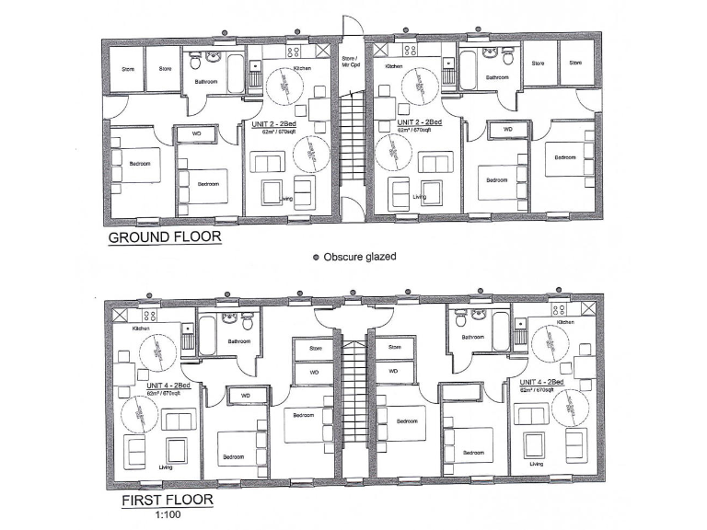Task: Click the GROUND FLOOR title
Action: point(165,236)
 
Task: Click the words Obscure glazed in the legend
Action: point(359,257)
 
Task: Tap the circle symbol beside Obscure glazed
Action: point(315,257)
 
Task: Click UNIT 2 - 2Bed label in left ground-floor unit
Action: point(273,122)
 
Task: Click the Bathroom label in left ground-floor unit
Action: point(205,82)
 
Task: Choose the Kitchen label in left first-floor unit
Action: point(140,328)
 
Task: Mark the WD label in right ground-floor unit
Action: point(507,131)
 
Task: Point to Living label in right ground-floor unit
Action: point(420,196)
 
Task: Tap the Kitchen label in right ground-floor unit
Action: point(394,67)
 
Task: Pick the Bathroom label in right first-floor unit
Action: point(472,338)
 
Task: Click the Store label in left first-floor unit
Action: point(316,349)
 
